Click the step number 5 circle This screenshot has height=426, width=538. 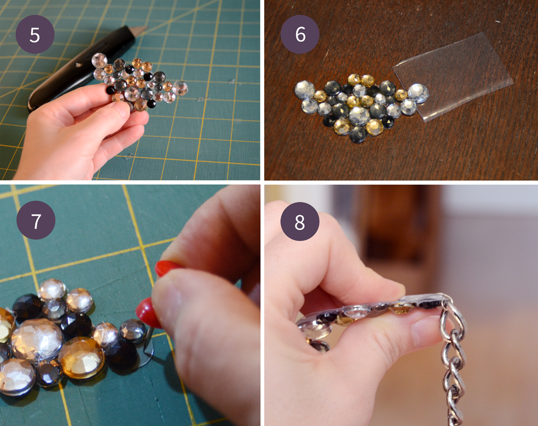click(x=35, y=34)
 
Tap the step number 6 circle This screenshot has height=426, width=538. click(x=300, y=34)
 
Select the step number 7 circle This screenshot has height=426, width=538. click(x=36, y=220)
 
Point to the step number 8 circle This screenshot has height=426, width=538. click(x=300, y=222)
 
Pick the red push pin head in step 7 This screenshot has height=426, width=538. click(x=146, y=312)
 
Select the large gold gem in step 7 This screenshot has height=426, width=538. click(x=81, y=358)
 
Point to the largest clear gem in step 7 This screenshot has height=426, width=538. click(x=36, y=339)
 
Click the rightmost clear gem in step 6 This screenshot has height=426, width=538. click(x=418, y=93)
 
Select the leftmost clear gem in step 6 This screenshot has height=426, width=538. click(x=304, y=90)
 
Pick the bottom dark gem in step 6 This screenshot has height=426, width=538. click(x=358, y=134)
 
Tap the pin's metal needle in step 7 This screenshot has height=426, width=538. click(x=148, y=339)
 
